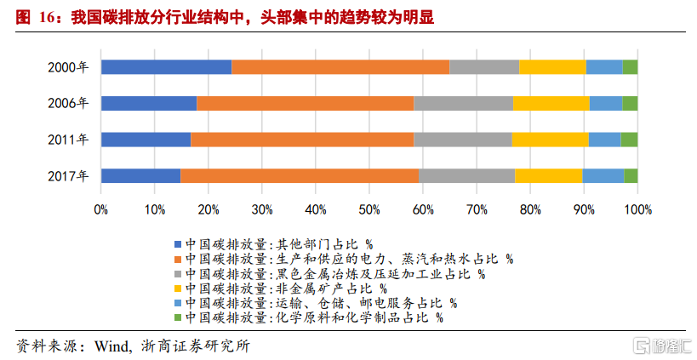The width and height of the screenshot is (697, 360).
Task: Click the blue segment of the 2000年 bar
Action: tap(166, 67)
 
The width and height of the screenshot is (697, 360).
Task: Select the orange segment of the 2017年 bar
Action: tap(299, 176)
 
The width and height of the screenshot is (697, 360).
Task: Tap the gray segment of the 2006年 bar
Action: tap(463, 104)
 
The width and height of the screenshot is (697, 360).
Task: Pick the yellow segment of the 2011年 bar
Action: tap(550, 140)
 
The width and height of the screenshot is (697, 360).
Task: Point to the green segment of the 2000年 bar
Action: tap(630, 67)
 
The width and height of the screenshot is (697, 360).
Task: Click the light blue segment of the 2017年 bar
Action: tap(603, 176)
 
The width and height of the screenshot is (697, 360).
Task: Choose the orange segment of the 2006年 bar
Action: tap(305, 104)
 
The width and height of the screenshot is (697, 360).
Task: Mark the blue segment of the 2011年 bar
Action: tap(146, 140)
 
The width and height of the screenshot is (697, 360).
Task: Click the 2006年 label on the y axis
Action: tap(68, 104)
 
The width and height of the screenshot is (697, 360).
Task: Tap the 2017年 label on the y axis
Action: tap(68, 176)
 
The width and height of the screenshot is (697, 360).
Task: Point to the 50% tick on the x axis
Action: tap(369, 209)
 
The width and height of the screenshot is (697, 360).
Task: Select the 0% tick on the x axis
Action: tap(101, 209)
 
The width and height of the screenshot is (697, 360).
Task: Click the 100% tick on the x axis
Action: tap(637, 209)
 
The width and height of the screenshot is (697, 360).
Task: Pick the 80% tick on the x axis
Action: tap(530, 209)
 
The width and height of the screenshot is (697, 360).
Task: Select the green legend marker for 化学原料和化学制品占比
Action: tap(177, 318)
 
